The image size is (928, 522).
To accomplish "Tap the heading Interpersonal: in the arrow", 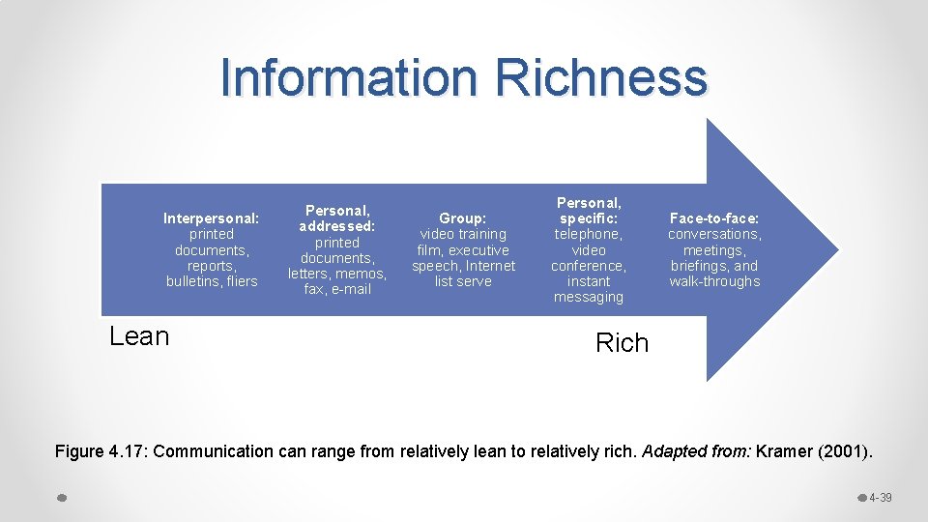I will point(211,218).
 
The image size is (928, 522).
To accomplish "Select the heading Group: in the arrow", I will point(463,218).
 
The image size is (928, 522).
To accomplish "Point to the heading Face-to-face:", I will point(714,218).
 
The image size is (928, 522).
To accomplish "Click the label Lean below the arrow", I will point(139,336).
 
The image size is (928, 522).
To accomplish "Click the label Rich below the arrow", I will point(622,343).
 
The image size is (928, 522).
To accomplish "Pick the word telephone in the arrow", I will point(587,234).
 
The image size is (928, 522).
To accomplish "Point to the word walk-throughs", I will point(714,281).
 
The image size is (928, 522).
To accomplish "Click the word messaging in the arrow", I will point(588,297).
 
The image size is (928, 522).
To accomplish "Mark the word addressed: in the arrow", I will point(336,226).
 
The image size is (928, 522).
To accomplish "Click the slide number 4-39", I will point(880,498).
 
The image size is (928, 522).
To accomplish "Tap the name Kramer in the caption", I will point(784,451).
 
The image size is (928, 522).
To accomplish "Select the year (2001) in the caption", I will point(842,451).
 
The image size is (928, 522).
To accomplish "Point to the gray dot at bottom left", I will point(61,498).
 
